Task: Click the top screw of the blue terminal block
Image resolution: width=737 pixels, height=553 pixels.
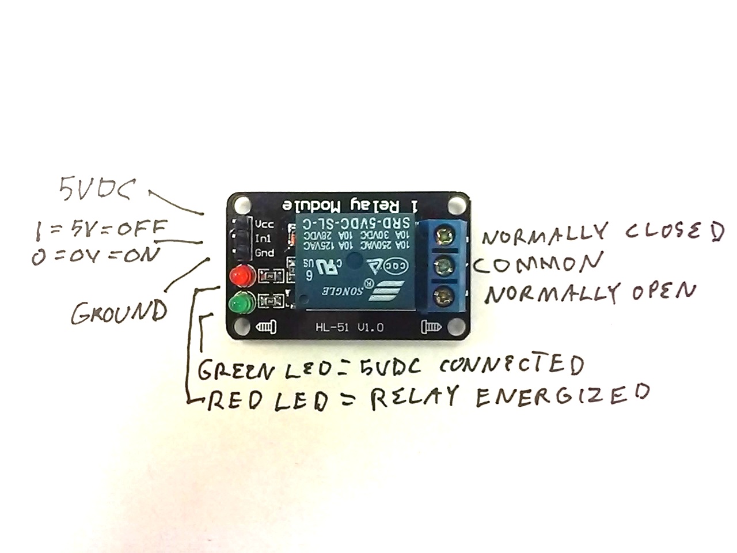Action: click(x=444, y=236)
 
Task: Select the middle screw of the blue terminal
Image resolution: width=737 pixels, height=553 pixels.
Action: click(x=444, y=266)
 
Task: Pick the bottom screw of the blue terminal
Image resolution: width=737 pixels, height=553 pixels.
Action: click(x=444, y=296)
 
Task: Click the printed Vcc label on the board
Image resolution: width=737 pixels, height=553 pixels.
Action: click(x=265, y=224)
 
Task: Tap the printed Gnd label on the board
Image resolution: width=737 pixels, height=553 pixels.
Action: click(x=265, y=253)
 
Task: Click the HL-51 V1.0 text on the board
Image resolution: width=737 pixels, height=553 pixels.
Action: click(x=349, y=327)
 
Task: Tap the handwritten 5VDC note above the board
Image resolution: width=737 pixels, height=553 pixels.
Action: click(x=98, y=188)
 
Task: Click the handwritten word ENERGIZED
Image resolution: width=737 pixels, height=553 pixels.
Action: click(x=563, y=396)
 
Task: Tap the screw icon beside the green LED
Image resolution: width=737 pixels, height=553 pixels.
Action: click(x=266, y=327)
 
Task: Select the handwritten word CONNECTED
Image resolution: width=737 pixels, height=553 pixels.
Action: click(x=510, y=365)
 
